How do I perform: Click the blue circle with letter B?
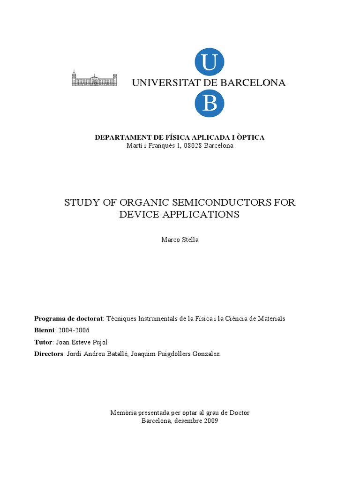(210, 104)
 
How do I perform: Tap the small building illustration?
(94, 78)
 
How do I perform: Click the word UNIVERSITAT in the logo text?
(165, 83)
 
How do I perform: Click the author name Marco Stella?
(180, 240)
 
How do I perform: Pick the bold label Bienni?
(45, 330)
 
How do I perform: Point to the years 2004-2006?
(74, 330)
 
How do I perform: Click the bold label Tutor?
(43, 342)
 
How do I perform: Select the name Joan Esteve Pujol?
(85, 342)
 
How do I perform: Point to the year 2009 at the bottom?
(210, 421)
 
